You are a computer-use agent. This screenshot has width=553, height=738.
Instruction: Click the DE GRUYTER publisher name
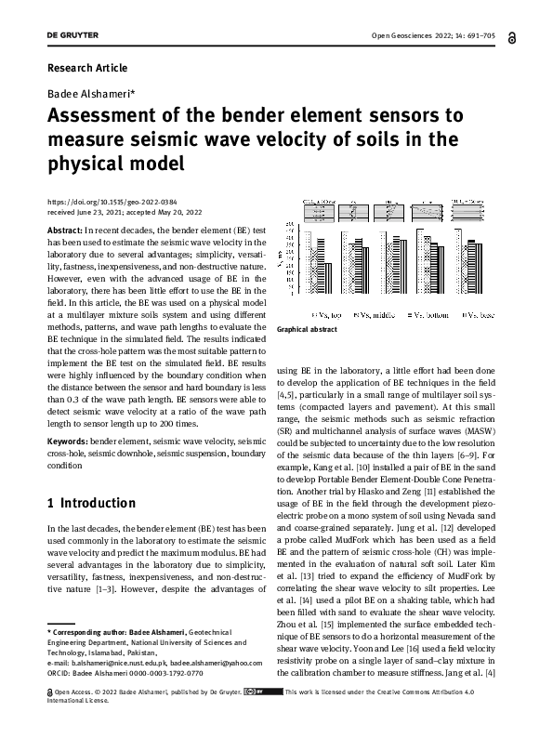pos(73,37)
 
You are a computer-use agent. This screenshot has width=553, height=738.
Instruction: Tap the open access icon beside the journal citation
pos(514,37)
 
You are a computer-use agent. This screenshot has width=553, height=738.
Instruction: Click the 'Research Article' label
pos(86,68)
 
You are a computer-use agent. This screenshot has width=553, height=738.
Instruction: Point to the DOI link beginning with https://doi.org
pos(112,202)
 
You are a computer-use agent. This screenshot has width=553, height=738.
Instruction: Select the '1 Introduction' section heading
pos(91,503)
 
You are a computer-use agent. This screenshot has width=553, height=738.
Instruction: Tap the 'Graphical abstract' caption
pos(307,329)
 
